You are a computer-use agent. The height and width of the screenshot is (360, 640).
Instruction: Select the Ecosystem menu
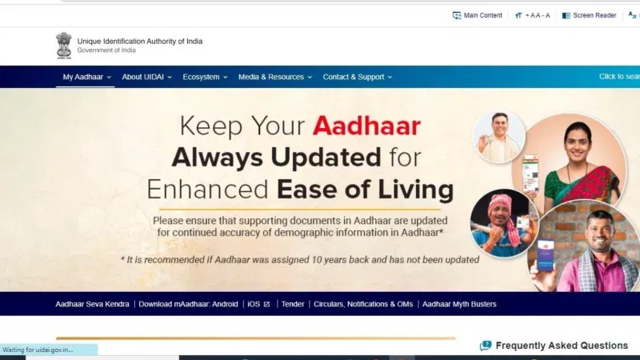204,77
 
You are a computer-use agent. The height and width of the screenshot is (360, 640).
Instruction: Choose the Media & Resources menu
274,77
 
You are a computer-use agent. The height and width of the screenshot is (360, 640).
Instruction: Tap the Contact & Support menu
357,77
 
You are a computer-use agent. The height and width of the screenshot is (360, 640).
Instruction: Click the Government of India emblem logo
63,45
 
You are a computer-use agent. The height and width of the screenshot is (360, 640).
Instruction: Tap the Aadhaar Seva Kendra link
92,304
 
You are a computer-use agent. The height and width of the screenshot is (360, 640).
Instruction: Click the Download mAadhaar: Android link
188,304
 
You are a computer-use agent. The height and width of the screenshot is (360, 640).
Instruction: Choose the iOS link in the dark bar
258,304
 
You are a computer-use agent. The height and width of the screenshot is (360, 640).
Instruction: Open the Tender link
292,304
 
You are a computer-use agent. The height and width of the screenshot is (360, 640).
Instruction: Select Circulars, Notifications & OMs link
363,304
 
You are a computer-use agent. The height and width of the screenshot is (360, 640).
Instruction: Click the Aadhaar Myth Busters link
459,304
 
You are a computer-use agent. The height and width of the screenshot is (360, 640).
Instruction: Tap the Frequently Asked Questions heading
561,346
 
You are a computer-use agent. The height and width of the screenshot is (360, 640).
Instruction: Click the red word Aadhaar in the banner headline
366,126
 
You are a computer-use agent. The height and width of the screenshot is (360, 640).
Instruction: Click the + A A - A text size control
533,15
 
